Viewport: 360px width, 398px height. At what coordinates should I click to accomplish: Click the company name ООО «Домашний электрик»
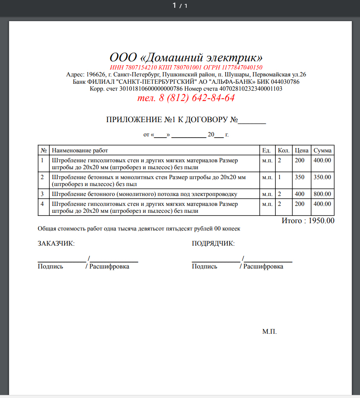(x=186, y=57)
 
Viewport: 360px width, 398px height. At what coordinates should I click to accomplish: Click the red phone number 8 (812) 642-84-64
(x=197, y=98)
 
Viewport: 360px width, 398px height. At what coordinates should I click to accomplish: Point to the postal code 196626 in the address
(x=96, y=74)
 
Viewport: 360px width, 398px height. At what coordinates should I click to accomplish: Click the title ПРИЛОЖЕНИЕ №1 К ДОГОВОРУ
(x=172, y=120)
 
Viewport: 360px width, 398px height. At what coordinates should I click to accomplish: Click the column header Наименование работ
(x=80, y=151)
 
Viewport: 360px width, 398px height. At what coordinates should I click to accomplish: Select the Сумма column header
(x=322, y=151)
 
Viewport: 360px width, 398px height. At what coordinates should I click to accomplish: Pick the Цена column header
(x=301, y=151)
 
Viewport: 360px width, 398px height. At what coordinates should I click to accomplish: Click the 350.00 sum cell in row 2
(x=322, y=177)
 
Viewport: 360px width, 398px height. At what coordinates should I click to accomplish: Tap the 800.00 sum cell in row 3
(x=322, y=194)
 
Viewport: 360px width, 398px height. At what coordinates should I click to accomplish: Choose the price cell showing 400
(x=299, y=194)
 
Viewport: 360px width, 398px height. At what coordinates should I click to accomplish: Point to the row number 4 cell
(x=42, y=203)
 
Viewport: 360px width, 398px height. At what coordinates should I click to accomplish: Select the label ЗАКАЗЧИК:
(x=56, y=244)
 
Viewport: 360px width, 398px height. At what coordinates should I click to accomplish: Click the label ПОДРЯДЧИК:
(x=213, y=244)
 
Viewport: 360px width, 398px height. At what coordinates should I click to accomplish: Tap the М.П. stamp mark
(x=269, y=332)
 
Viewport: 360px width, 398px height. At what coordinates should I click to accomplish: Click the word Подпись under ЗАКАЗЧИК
(x=51, y=266)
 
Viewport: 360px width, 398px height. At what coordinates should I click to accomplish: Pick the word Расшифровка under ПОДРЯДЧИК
(x=263, y=266)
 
